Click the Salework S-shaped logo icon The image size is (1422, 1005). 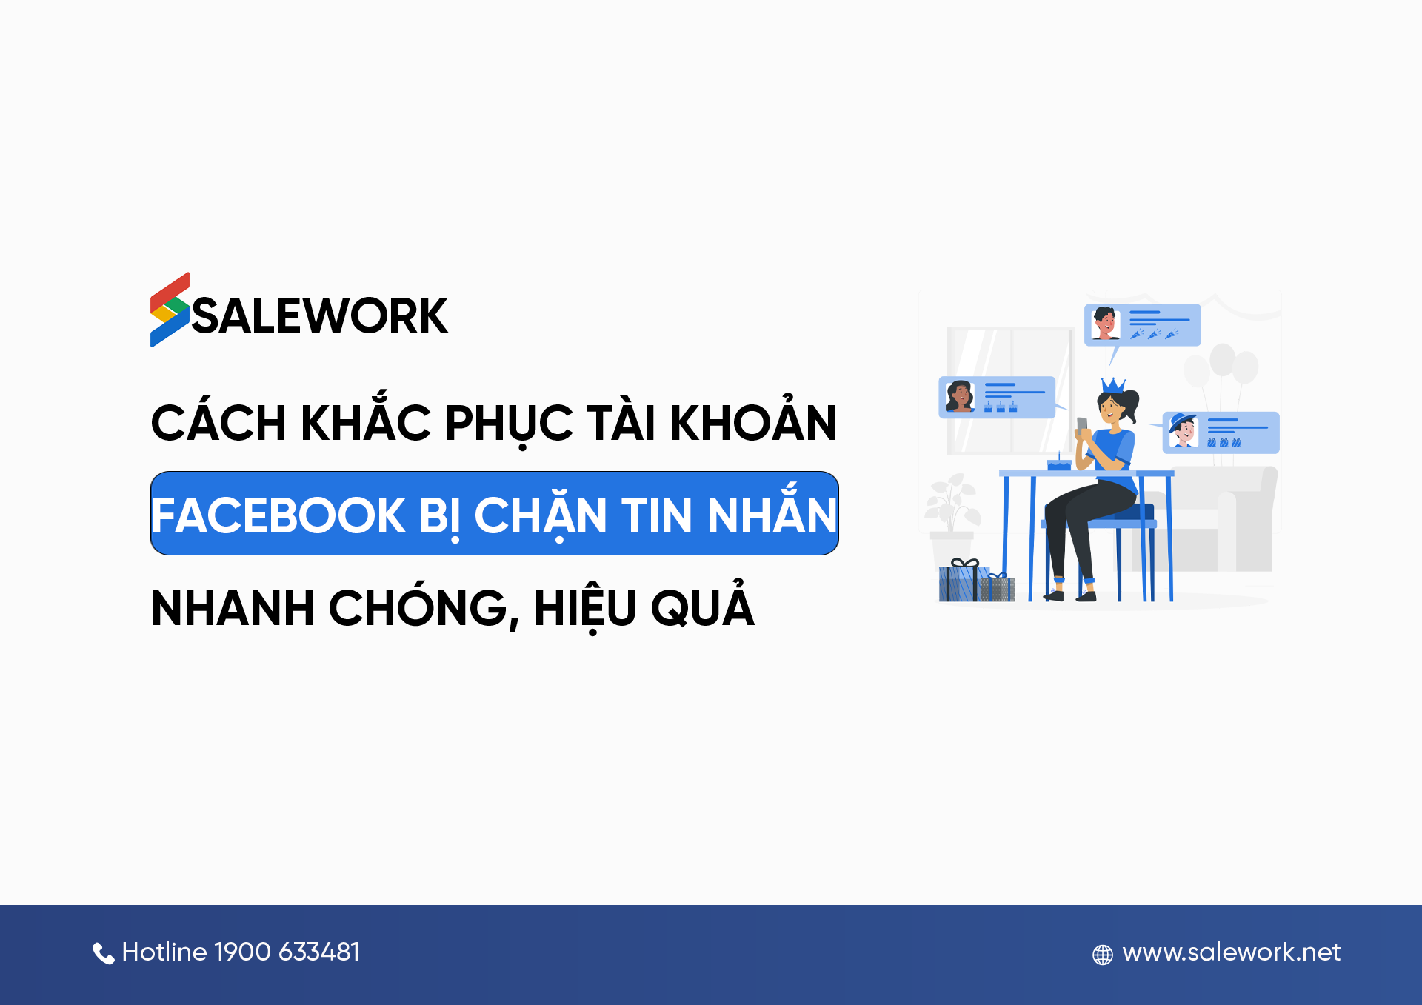click(170, 310)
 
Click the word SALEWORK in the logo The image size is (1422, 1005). click(320, 316)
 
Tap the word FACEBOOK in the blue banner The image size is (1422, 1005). click(278, 515)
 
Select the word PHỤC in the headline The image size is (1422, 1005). click(508, 424)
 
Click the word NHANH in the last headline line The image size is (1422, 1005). click(233, 609)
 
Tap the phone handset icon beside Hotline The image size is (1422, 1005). click(103, 953)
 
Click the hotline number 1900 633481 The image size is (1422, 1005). click(287, 952)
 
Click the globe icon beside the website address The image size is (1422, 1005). click(1102, 955)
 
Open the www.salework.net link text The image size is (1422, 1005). click(1231, 952)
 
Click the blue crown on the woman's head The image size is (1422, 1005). click(1112, 385)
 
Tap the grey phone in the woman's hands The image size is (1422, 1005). click(1082, 425)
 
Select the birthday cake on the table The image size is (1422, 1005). click(1058, 464)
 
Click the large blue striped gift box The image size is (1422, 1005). click(961, 582)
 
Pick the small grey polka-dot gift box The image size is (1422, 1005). click(998, 588)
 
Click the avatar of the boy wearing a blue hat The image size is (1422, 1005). click(1183, 430)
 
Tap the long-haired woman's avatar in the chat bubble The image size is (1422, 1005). click(959, 396)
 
